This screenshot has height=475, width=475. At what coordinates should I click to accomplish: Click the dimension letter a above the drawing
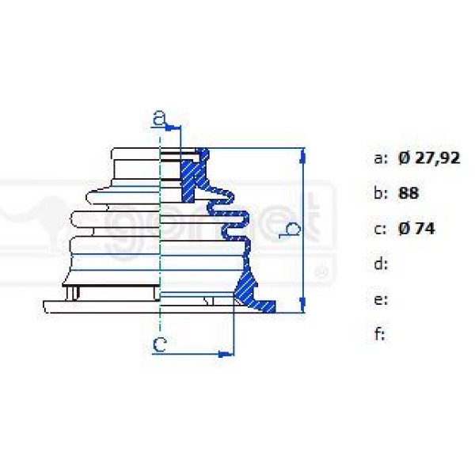pos(160,120)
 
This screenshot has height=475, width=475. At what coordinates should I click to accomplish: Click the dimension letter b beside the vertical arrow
pos(292,230)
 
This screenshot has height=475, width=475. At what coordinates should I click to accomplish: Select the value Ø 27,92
pos(428,158)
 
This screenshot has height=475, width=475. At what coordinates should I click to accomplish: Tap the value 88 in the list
pos(409,193)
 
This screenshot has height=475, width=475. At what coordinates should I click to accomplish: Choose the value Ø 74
pos(416,229)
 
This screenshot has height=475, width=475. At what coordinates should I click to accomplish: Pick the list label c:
pos(380,229)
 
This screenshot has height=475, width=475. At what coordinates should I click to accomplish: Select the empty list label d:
pos(380,264)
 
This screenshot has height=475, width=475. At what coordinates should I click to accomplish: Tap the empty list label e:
pos(380,300)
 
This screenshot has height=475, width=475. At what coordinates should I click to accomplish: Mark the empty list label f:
pos(379,335)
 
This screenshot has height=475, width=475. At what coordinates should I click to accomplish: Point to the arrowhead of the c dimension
pos(230,353)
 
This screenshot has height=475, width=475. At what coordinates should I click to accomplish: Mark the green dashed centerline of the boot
pos(161,237)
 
